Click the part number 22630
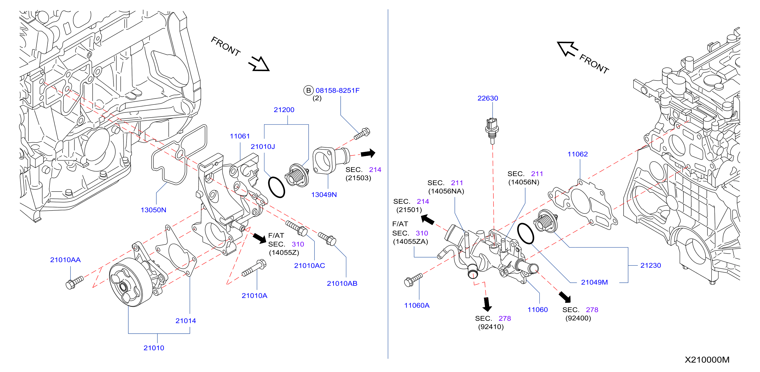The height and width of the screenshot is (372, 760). coord(488,98)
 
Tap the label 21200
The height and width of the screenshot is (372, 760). coord(284,110)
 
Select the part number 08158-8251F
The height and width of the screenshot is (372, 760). coord(338,90)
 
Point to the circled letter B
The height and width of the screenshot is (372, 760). coord(308,90)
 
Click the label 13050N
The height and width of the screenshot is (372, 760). coord(153,210)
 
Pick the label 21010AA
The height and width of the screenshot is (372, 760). coord(65,260)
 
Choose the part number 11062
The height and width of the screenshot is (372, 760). coord(577,154)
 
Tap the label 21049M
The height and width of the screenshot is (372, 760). coord(594,282)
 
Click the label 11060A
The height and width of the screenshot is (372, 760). coord(417,305)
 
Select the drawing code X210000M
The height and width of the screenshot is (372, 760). coord(707,360)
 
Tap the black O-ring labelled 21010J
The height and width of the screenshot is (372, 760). coord(276,188)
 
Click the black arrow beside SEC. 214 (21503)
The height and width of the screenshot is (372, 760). coord(368,153)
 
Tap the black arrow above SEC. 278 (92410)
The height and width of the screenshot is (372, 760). coord(487,305)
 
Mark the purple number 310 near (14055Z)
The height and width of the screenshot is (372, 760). coord(298,244)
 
